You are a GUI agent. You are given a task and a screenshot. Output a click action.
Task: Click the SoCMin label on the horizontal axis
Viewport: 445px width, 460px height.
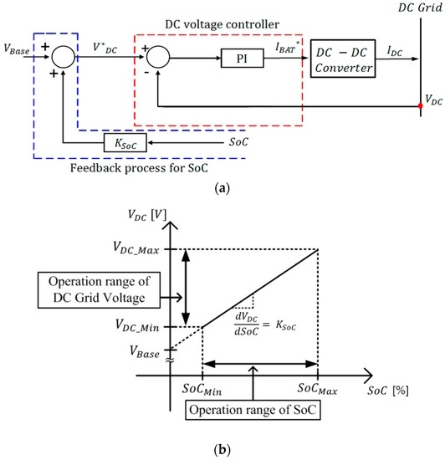202,392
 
